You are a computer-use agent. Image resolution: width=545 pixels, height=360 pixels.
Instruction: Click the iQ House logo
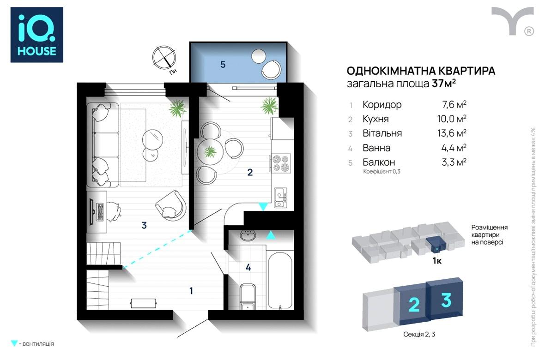click(37, 35)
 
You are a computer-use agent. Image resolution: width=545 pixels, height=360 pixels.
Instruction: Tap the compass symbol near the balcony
click(164, 58)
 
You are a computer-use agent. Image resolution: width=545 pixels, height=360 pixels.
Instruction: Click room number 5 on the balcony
click(223, 64)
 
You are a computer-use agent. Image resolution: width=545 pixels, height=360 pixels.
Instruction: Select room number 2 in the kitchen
click(250, 172)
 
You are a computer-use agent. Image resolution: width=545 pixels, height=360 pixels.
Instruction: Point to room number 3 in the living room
click(144, 225)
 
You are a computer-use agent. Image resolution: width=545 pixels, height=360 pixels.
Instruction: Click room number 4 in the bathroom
click(248, 267)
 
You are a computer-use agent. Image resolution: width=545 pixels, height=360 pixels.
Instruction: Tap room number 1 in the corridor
click(191, 290)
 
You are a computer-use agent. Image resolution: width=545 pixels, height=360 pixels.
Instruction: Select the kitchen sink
click(280, 198)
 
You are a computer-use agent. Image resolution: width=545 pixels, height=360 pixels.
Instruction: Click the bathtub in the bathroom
click(280, 280)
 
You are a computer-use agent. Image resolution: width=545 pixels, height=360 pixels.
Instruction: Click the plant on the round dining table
click(210, 151)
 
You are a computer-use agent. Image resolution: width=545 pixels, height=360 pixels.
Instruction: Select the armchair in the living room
click(171, 206)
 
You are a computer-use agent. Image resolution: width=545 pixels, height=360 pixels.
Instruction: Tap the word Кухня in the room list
click(375, 119)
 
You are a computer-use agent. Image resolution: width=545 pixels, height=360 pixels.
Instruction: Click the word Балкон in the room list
click(379, 162)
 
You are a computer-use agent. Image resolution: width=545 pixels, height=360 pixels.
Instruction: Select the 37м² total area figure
click(444, 84)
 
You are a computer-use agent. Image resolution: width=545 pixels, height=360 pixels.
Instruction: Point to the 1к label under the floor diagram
click(437, 261)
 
